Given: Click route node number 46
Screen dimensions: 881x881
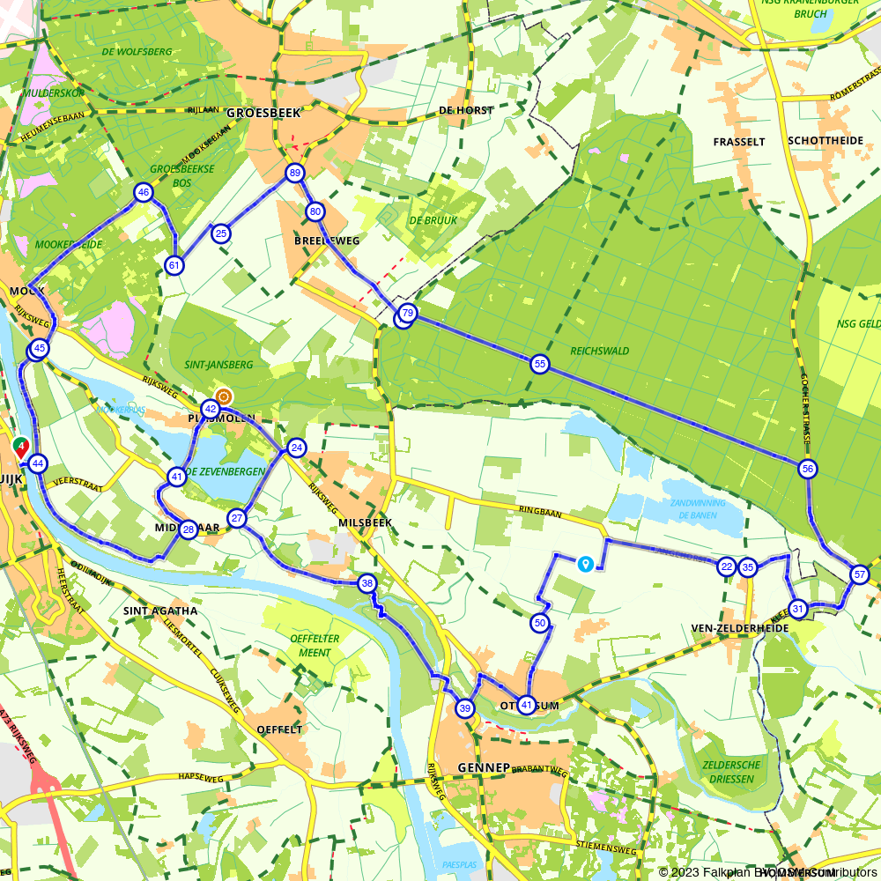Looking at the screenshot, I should [x=143, y=192].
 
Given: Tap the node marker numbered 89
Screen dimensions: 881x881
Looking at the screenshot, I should [x=294, y=174].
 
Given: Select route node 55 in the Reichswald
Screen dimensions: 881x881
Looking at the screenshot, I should [x=540, y=363].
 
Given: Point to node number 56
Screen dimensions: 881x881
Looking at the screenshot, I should [x=807, y=469].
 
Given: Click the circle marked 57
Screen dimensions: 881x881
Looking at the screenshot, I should [x=860, y=575].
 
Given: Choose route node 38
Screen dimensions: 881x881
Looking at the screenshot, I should [x=367, y=583].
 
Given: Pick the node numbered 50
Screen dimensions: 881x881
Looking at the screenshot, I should [x=540, y=624].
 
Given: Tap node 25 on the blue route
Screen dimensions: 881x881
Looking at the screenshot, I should [x=221, y=233].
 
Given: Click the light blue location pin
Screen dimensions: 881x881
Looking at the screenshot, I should [x=585, y=563].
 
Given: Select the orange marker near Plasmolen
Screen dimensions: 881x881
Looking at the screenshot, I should [x=224, y=396].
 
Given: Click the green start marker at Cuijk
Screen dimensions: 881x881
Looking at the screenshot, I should [x=20, y=447].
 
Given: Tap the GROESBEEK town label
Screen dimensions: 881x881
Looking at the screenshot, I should [x=263, y=113].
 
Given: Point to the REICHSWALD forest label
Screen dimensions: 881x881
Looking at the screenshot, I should [x=600, y=351].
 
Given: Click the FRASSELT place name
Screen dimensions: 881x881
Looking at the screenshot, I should [x=739, y=141].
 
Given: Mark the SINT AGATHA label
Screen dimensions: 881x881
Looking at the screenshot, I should [x=160, y=611].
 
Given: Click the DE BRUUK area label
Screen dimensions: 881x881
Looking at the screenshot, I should [x=433, y=220].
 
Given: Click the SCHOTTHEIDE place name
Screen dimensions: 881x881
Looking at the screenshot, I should [x=825, y=141].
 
